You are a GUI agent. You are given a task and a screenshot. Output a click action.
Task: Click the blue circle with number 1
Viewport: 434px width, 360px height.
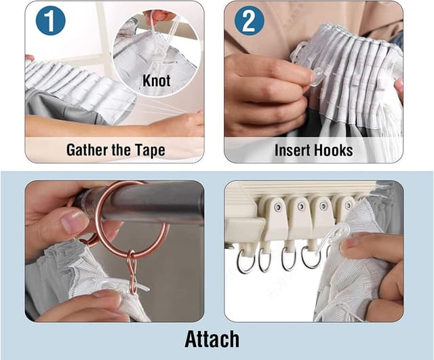click(50, 21)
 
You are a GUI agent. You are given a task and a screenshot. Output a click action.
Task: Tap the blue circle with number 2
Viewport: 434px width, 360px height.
click(249, 21)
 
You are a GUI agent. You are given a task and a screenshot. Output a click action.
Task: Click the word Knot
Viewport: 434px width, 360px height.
click(157, 81)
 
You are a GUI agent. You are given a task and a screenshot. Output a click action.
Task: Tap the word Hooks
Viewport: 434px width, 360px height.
click(334, 151)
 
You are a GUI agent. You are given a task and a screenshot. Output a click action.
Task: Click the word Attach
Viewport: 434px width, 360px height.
click(212, 339)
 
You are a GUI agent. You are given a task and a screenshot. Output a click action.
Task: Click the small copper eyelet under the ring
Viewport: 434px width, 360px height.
click(132, 272)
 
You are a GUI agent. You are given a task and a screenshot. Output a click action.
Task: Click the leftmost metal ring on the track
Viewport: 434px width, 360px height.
click(244, 262)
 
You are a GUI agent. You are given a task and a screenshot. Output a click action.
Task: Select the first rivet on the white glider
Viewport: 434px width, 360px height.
click(278, 207)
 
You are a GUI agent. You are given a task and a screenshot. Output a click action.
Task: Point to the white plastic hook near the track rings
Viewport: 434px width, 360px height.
click(336, 238)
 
